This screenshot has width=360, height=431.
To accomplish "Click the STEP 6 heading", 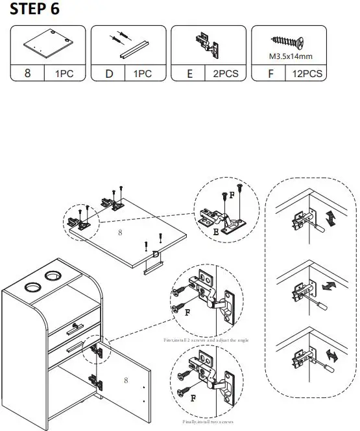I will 36,10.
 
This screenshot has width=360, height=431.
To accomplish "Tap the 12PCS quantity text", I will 307,74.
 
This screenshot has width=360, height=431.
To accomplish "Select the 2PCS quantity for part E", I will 225,74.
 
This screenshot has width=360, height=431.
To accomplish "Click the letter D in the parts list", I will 109,74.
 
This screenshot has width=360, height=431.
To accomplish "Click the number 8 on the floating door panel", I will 119,231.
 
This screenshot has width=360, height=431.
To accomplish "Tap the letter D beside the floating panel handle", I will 156,255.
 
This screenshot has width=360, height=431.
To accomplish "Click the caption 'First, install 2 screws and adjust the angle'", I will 206,340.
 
